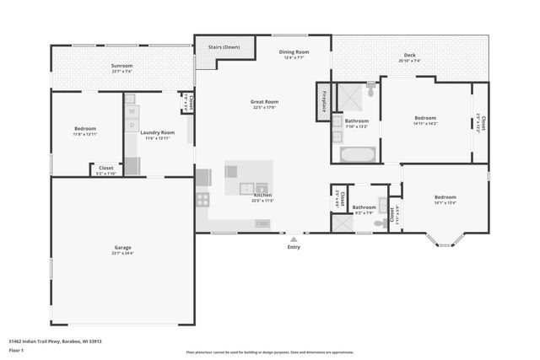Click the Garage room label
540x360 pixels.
pos(122,248)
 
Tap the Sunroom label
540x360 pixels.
pos(122,66)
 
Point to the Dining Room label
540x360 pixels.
pos(294,52)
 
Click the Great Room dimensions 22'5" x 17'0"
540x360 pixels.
pos(264,108)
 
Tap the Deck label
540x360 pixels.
pos(409,56)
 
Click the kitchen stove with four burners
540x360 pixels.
pos(202,200)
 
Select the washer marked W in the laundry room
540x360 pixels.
pos(132,111)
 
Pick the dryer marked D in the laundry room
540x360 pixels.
pos(132,126)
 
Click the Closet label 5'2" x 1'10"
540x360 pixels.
pos(106,168)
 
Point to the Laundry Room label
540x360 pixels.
pos(157,132)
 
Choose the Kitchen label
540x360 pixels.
pos(262,195)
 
